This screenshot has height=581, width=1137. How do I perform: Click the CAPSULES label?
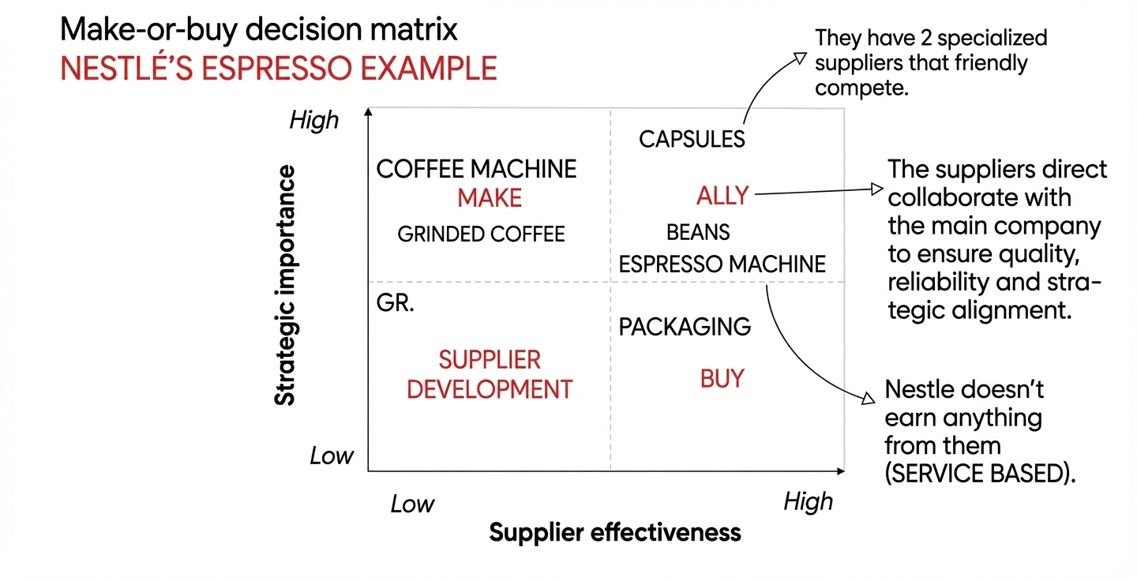(x=692, y=140)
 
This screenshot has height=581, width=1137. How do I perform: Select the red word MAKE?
(x=490, y=198)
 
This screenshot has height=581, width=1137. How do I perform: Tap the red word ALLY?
(x=722, y=195)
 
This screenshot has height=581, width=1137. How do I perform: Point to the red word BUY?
(x=722, y=379)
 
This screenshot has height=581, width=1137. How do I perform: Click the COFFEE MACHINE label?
(x=476, y=169)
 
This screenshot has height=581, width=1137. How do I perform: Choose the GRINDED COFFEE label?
(x=481, y=234)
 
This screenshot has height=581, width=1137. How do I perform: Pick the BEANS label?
(x=698, y=232)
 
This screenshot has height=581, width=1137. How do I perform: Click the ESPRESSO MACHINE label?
(x=722, y=264)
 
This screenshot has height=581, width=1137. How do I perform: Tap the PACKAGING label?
(x=685, y=327)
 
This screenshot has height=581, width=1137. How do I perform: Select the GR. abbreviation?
(x=396, y=304)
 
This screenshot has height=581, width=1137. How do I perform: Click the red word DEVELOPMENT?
(x=490, y=389)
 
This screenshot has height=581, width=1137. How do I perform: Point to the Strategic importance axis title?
(x=285, y=285)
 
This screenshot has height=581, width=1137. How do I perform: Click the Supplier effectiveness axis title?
(x=615, y=532)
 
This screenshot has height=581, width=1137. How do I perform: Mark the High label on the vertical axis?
(x=313, y=121)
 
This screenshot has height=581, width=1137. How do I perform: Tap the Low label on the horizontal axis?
(x=412, y=504)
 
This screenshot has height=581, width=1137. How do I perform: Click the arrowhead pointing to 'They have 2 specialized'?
(x=800, y=58)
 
